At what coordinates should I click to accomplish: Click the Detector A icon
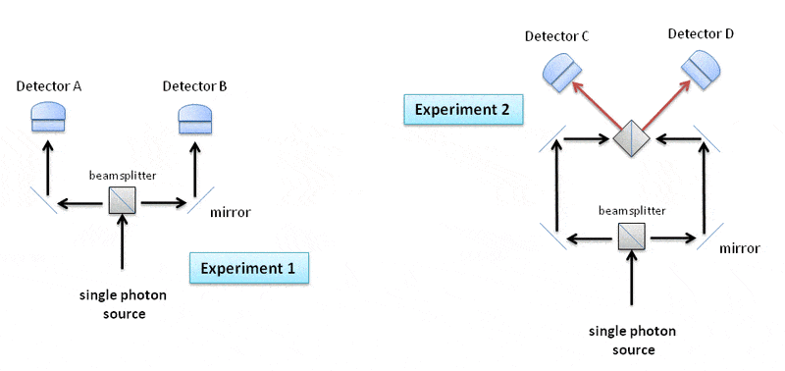48,117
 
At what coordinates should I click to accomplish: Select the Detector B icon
195,119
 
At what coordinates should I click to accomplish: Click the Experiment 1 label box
248,268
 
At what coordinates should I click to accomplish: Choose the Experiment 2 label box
463,109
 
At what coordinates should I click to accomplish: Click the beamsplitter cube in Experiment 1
123,201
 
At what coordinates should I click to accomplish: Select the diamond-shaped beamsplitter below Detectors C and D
632,138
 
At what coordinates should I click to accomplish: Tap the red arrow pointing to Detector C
598,104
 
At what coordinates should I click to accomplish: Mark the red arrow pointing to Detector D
666,103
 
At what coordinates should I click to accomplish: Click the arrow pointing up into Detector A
47,169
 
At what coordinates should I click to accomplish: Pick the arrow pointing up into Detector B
195,169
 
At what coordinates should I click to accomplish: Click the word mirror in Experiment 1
231,212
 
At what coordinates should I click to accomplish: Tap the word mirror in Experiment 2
741,248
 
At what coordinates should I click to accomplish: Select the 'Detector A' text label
49,86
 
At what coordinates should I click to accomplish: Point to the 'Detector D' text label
701,34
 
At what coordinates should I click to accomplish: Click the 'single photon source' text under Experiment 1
124,304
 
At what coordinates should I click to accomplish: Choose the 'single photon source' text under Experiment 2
633,341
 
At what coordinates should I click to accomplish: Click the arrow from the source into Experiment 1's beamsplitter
123,242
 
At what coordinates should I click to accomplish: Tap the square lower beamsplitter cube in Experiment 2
632,237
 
